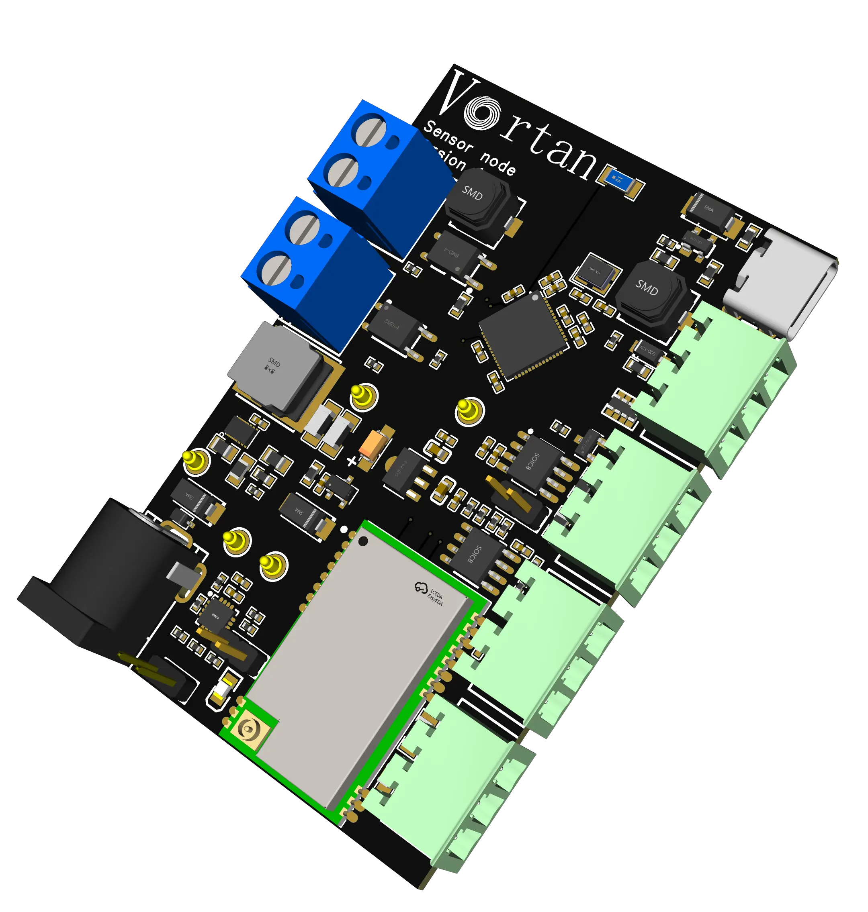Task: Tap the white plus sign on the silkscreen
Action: (352, 461)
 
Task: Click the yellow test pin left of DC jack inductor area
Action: (195, 460)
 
